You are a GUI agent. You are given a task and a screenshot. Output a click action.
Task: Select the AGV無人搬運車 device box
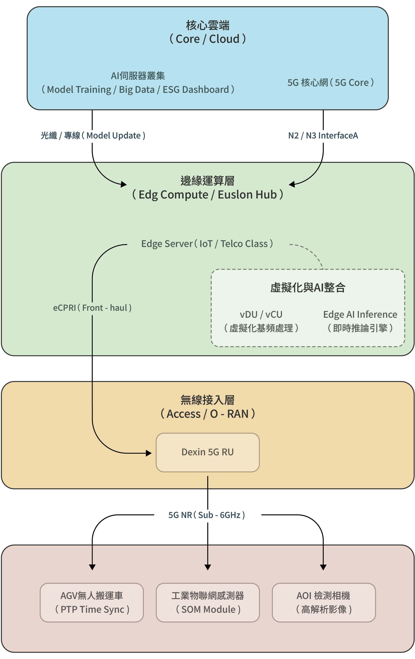coord(92,602)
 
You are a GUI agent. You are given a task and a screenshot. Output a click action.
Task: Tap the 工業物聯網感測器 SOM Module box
coord(207,602)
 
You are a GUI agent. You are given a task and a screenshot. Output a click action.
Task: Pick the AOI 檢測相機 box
coord(323,602)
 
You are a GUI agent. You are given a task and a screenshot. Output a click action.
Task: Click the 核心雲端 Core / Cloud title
coord(207,32)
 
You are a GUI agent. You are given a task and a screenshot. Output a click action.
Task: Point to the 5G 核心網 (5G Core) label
coord(330,82)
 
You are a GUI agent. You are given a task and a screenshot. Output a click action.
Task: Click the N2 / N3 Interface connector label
coord(323,135)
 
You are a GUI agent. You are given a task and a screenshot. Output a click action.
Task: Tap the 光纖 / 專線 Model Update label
coord(93,135)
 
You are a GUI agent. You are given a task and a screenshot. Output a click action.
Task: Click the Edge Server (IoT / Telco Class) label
coord(207,243)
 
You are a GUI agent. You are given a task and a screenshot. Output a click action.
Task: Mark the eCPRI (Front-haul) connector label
coord(92,308)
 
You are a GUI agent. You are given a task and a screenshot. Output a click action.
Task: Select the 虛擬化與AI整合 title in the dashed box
coord(308,287)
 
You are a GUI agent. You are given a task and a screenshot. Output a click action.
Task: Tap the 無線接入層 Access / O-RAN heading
coord(207,407)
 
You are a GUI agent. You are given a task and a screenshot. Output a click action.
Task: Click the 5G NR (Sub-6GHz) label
coord(207,515)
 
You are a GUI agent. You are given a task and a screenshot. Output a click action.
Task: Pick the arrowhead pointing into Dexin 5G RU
coord(149,453)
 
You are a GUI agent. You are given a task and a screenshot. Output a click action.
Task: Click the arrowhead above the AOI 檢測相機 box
coord(323,567)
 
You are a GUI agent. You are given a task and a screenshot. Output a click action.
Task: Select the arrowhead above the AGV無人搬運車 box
coord(92,567)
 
